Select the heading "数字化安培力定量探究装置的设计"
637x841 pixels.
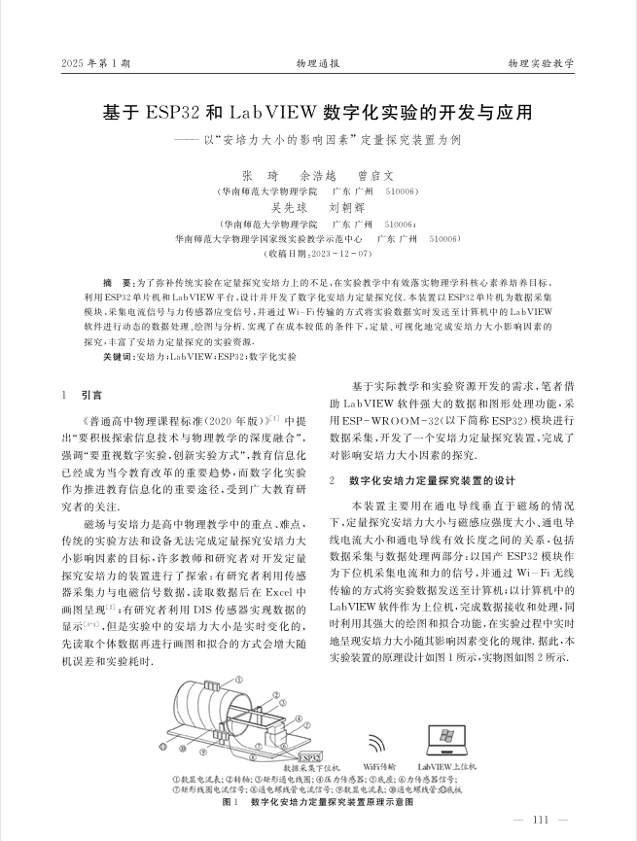pyautogui.click(x=430, y=481)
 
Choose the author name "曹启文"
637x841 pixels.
pyautogui.click(x=376, y=177)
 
